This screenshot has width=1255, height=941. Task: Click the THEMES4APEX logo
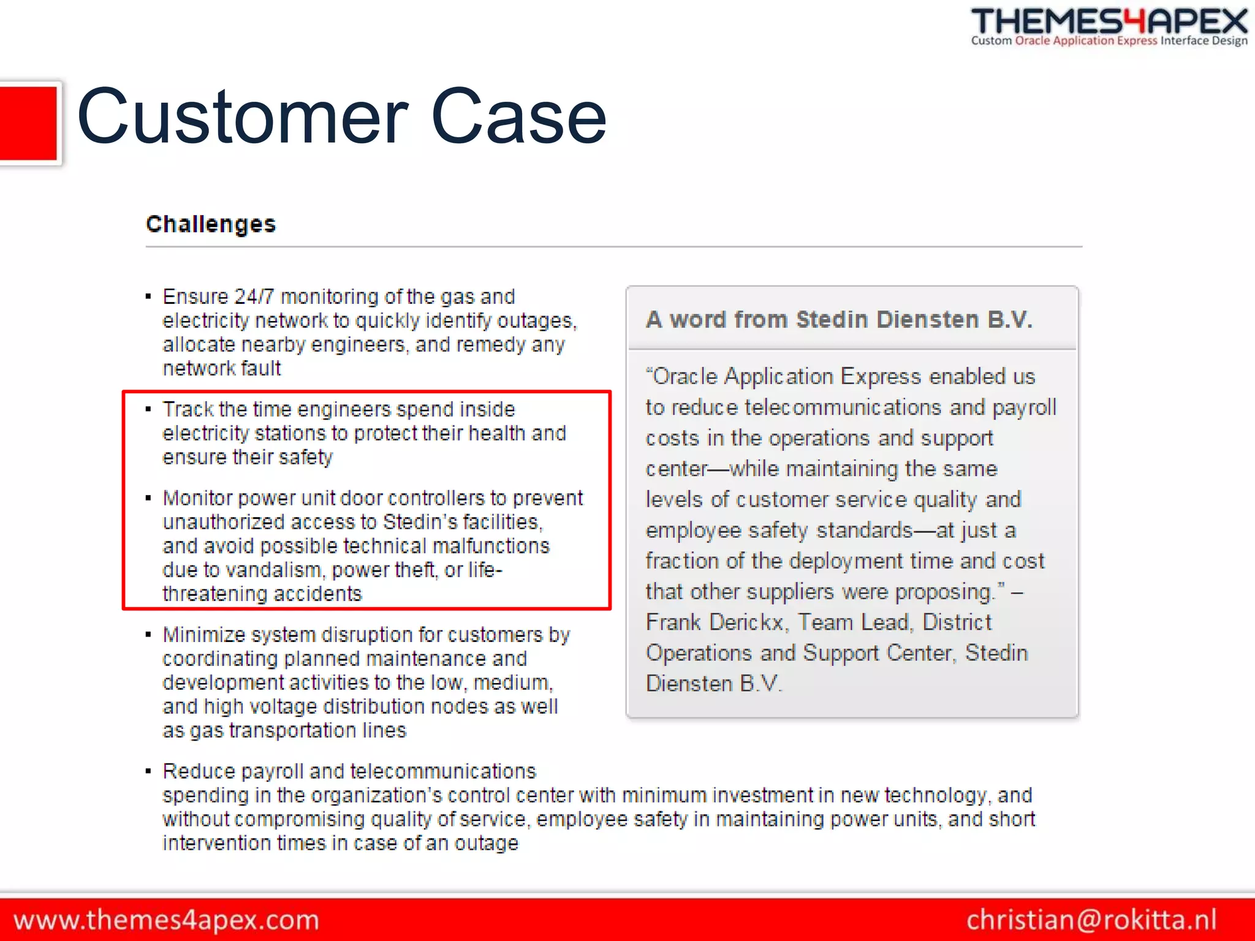click(x=1109, y=26)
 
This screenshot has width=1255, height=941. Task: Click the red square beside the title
click(x=28, y=123)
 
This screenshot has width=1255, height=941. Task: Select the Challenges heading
click(x=211, y=224)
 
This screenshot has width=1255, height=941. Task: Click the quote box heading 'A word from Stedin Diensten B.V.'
click(x=839, y=320)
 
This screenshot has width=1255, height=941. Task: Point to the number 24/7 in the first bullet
click(x=254, y=297)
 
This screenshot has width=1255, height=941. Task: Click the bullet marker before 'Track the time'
click(x=148, y=409)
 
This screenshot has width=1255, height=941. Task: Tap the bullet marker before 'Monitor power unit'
click(x=148, y=497)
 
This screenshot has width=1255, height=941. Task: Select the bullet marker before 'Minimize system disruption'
click(x=148, y=634)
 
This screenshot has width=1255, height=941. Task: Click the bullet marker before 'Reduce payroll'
click(x=148, y=771)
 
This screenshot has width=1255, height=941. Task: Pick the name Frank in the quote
click(x=673, y=622)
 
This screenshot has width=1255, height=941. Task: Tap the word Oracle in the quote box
click(x=686, y=376)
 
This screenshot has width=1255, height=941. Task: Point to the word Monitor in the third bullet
click(x=197, y=498)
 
